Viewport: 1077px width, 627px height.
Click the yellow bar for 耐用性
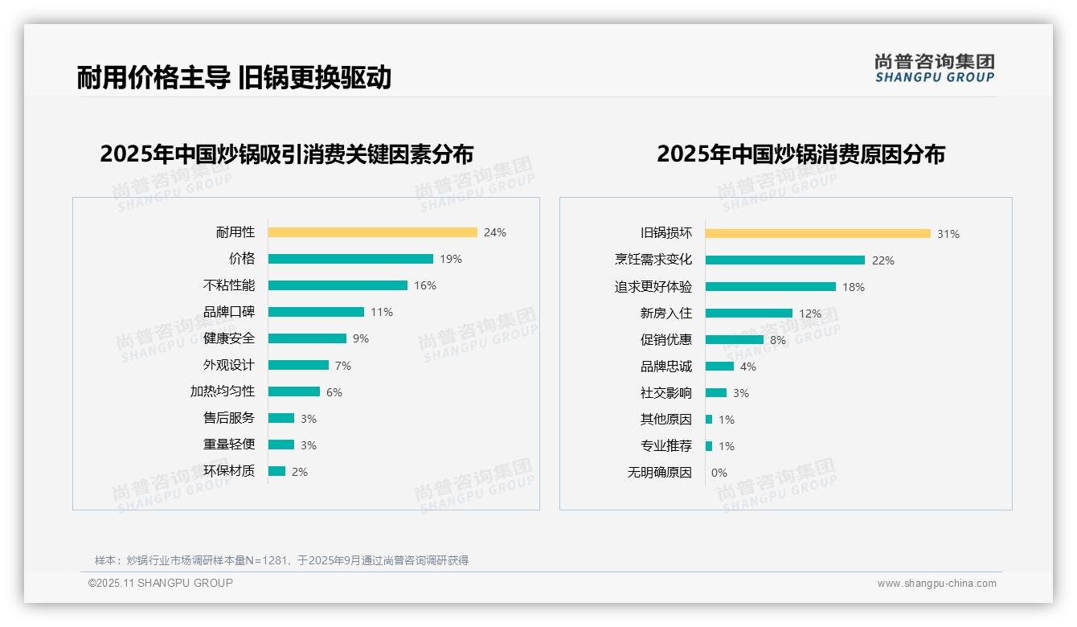point(372,232)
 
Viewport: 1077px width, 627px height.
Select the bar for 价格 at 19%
point(350,259)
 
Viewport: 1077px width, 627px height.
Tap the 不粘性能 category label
point(228,285)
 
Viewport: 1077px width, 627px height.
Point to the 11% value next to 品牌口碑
point(382,312)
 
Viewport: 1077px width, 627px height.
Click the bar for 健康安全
point(307,338)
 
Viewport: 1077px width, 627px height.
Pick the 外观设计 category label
point(228,365)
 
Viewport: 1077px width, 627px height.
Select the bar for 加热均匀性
point(293,391)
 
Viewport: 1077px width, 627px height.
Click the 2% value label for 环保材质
point(300,472)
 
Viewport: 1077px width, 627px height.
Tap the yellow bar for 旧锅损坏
point(817,234)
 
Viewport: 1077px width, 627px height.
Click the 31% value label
point(948,234)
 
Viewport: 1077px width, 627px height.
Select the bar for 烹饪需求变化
point(784,260)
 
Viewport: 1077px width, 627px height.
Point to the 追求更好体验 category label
point(653,287)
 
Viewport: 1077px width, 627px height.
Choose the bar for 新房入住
point(748,313)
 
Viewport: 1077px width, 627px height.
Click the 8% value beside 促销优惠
point(778,340)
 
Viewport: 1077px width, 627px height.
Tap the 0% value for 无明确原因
point(719,473)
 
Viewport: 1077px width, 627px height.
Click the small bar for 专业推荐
point(709,446)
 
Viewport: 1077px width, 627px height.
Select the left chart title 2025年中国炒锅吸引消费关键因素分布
point(287,154)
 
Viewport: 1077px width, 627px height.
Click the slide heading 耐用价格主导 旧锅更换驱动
point(234,77)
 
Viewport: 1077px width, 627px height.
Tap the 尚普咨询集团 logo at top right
point(934,68)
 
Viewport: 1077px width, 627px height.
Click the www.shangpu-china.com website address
point(936,584)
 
